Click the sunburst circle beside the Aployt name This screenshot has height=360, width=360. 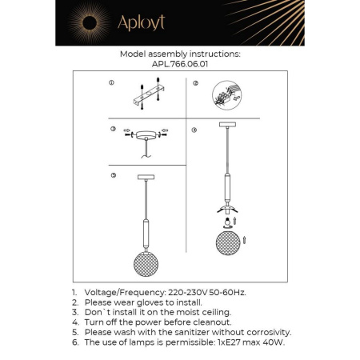coord(82,23)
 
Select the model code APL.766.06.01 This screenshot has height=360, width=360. coord(179,65)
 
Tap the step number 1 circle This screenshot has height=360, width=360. coord(112,83)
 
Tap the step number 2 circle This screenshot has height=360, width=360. coord(194,83)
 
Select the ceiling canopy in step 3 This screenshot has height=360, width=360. coord(146,135)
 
